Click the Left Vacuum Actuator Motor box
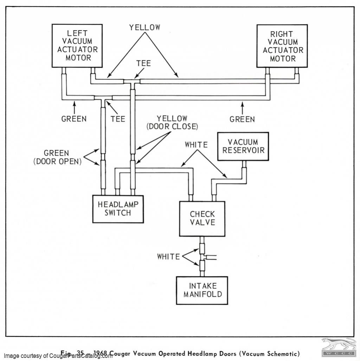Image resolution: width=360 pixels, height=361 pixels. click(77, 46)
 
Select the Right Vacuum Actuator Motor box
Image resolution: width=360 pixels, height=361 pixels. click(283, 46)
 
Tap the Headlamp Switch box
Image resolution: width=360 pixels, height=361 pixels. click(118, 209)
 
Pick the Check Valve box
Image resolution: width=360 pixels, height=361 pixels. click(202, 218)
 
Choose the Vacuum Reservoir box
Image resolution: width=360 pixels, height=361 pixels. click(243, 146)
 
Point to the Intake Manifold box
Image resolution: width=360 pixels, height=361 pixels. click(203, 290)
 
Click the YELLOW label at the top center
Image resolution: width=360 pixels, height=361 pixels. click(144, 27)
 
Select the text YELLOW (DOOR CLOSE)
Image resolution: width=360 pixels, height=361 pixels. click(172, 122)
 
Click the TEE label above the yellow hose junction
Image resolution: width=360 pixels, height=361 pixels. click(143, 63)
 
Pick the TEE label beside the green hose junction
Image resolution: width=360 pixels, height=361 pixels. click(118, 119)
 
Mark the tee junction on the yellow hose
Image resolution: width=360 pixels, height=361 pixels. click(132, 82)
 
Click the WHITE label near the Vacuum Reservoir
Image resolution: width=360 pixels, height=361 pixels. click(196, 145)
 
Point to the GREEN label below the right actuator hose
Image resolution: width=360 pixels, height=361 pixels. click(242, 119)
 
